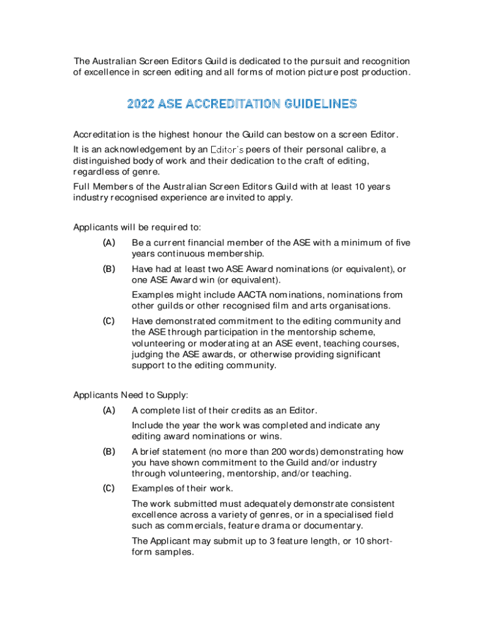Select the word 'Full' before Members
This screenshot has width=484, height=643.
[x=82, y=186]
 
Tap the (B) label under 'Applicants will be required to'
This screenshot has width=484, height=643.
[x=109, y=269]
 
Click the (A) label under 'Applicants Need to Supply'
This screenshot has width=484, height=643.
[x=109, y=410]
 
